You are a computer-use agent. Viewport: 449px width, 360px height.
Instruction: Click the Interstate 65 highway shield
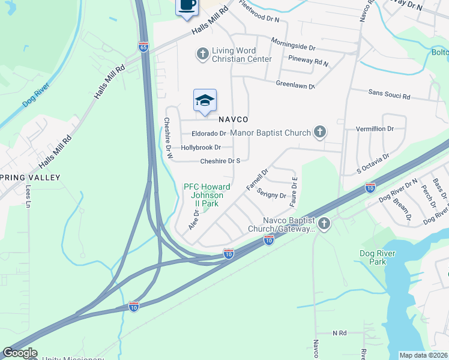[143, 47]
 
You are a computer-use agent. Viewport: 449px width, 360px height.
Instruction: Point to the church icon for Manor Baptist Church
[321, 132]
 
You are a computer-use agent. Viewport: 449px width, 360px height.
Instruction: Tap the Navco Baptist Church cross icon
[324, 224]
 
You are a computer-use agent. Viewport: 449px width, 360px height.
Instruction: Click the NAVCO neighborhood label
[234, 119]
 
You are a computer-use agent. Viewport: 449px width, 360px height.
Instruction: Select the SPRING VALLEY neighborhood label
[30, 178]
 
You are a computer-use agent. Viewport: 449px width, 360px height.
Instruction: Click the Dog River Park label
[378, 257]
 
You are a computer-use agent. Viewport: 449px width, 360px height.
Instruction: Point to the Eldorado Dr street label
[209, 134]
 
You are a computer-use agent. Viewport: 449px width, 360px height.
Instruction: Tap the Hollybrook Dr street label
[201, 147]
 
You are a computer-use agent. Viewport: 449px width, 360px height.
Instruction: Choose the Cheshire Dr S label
[220, 161]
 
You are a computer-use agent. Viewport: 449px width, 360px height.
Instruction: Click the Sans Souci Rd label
[389, 95]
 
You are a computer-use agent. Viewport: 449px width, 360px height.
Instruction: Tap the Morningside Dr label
[293, 46]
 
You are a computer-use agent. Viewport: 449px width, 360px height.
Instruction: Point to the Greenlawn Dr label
[295, 85]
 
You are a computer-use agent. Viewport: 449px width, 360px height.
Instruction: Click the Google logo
[20, 353]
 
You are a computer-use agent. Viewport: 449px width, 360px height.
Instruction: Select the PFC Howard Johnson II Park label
[207, 195]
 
